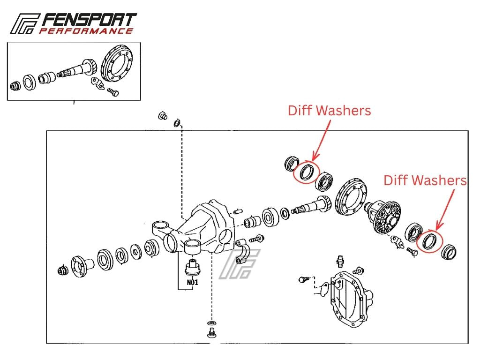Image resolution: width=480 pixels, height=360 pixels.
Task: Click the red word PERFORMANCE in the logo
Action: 86,31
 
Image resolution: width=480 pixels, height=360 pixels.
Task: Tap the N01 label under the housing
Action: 193,282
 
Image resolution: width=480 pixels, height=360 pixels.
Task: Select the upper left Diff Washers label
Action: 330,111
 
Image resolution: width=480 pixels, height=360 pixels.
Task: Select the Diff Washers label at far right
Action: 425,180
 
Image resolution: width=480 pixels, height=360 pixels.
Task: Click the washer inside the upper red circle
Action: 307,172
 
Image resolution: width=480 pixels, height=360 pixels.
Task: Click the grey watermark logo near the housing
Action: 240,264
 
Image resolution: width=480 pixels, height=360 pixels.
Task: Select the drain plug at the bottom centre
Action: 211,333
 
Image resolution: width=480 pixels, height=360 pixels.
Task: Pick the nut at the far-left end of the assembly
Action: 62,270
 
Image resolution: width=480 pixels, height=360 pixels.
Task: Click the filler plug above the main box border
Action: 163,116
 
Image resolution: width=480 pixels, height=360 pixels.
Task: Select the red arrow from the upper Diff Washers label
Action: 322,141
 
